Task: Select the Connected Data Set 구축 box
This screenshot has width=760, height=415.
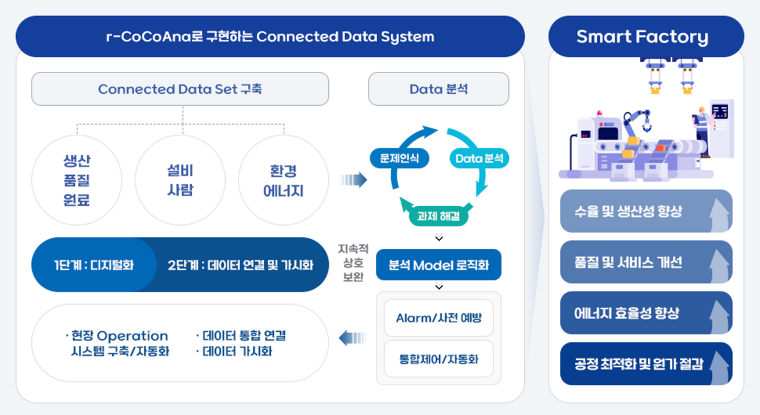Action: tap(180, 89)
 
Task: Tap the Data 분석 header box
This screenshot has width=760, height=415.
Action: tap(438, 89)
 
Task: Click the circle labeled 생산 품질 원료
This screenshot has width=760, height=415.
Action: tap(77, 180)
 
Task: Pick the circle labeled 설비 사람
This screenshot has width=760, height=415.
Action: tap(180, 180)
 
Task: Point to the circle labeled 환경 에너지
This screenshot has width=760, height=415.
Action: tap(283, 180)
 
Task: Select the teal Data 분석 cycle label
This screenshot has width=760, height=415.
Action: tap(479, 158)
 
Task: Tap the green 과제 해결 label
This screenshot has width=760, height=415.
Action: tap(439, 217)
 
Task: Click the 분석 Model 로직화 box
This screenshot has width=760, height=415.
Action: tap(438, 265)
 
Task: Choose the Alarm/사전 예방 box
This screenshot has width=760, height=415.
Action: tap(438, 318)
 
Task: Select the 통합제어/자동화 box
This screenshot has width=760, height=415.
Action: tap(438, 359)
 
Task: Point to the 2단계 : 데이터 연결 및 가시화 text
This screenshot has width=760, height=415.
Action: tap(240, 265)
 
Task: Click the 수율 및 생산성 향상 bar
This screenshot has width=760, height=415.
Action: tap(645, 211)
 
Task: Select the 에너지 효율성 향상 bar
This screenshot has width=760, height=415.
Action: tap(645, 313)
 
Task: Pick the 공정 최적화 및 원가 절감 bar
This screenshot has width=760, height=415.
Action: tap(645, 363)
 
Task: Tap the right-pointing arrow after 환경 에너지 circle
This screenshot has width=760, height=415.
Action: tap(354, 180)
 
